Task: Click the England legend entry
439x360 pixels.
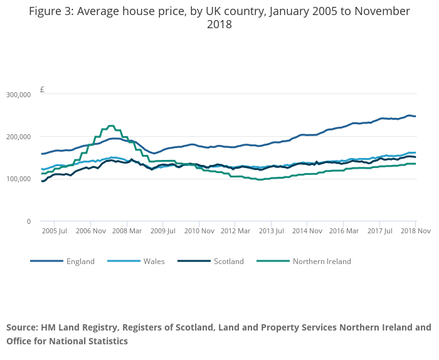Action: (x=80, y=262)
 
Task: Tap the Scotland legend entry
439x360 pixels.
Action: (x=228, y=262)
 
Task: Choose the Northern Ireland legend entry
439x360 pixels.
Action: (x=321, y=262)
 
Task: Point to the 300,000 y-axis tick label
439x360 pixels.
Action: (x=18, y=95)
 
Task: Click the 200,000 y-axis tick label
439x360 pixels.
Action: (x=18, y=137)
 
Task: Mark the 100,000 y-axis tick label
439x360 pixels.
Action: (x=18, y=179)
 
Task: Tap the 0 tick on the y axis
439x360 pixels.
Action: (x=28, y=221)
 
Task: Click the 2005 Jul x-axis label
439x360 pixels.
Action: (x=54, y=231)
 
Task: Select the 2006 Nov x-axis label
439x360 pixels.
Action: (x=90, y=231)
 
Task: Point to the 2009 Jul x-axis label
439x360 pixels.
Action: (x=162, y=231)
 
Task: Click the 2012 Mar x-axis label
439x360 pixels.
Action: (x=235, y=231)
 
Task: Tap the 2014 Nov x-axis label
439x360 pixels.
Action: (x=307, y=231)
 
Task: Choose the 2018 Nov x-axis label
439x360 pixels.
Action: (x=415, y=231)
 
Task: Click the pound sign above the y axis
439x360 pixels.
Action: (x=42, y=90)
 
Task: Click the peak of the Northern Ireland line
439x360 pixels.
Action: (x=111, y=125)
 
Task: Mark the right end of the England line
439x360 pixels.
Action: (x=415, y=116)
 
